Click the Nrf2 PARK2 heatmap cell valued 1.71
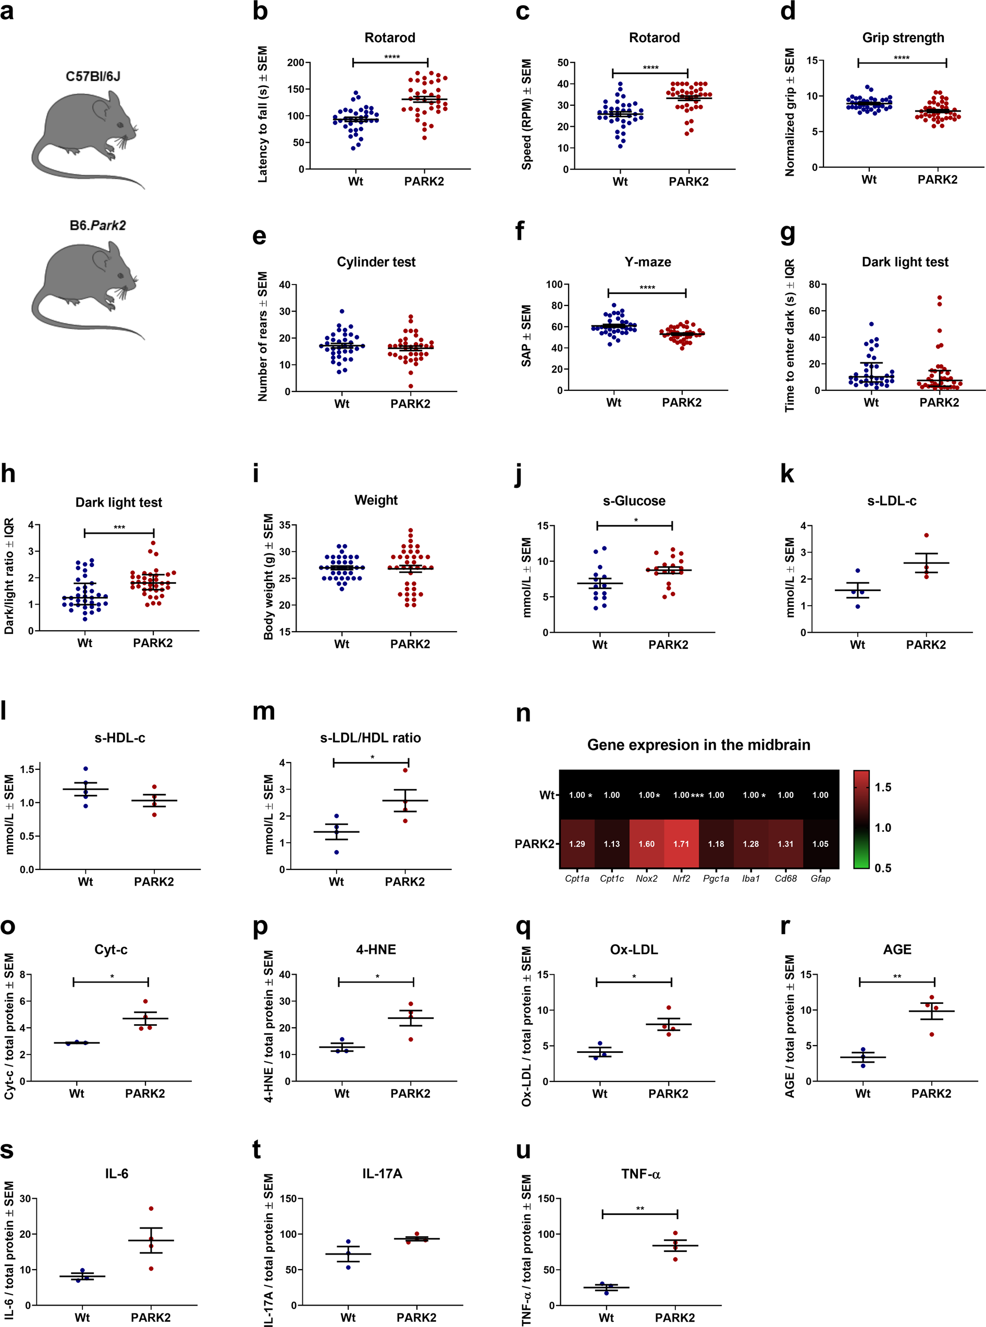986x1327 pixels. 681,843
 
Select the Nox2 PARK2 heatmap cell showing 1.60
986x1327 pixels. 646,843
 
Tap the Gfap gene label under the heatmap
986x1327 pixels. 820,878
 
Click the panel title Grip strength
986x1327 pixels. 903,38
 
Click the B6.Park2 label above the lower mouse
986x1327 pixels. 97,226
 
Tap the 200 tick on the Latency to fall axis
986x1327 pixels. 295,63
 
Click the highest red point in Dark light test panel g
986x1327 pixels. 940,297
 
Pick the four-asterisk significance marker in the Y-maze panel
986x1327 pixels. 647,288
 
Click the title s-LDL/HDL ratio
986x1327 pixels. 370,738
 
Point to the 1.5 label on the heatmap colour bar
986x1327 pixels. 883,788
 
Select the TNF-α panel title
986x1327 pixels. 640,1174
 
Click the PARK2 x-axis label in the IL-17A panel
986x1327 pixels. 416,1317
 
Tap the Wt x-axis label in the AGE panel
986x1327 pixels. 862,1093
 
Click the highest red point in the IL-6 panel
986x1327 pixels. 151,1208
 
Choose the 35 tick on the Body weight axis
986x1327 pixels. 284,525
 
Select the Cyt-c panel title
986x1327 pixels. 110,949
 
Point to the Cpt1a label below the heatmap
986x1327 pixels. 576,878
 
